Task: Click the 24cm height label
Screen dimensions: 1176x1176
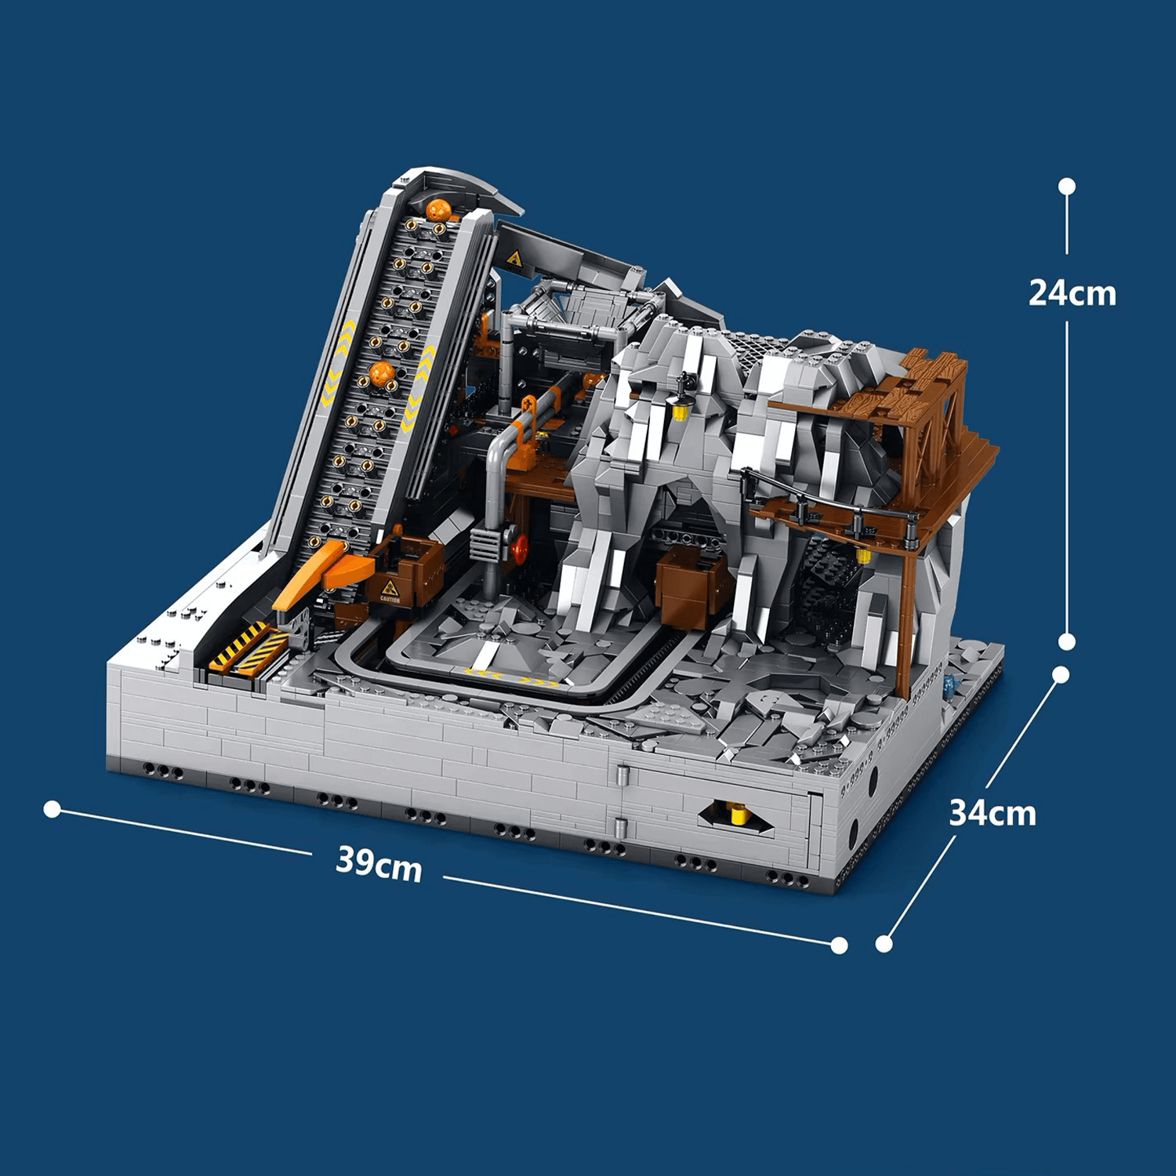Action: coord(1072,293)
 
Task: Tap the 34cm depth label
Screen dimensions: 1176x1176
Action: coord(992,813)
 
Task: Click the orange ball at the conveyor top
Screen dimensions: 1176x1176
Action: coord(437,210)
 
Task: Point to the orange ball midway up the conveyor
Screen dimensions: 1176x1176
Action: coord(382,374)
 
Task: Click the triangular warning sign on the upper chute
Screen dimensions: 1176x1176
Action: coord(514,259)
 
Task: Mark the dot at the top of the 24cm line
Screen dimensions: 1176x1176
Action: coord(1067,187)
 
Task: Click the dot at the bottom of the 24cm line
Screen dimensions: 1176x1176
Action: coord(1067,642)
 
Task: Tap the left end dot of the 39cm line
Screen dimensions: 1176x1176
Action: coord(53,809)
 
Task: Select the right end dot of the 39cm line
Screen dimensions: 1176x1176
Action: coord(839,946)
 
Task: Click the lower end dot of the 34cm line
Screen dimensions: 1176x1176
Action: coord(884,943)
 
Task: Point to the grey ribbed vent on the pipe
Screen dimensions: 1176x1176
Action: coord(485,542)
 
